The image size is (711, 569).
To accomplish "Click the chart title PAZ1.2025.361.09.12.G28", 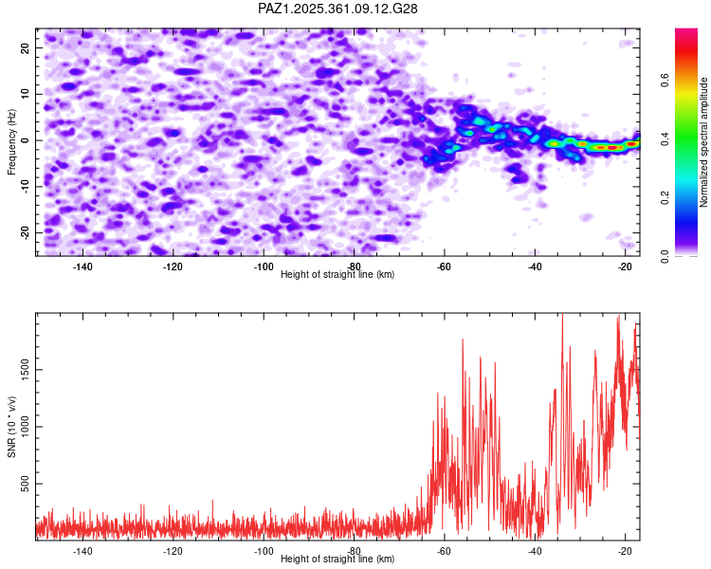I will click(x=338, y=9).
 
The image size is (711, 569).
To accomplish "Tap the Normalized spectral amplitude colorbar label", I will click(x=704, y=141).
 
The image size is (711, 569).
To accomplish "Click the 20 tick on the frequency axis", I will click(x=27, y=47).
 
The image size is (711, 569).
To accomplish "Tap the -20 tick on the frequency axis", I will click(x=25, y=232).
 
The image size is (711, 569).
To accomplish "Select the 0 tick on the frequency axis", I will click(x=29, y=140).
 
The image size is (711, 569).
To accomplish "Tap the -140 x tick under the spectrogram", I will click(x=82, y=266).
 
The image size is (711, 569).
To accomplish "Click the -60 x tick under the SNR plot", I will click(x=444, y=551).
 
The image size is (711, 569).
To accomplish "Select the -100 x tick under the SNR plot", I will click(x=263, y=551).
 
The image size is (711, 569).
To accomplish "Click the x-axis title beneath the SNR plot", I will click(x=337, y=560).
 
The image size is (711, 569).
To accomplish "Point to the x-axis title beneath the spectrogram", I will click(x=337, y=275).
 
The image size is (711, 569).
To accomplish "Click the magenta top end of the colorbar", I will click(x=686, y=33).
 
